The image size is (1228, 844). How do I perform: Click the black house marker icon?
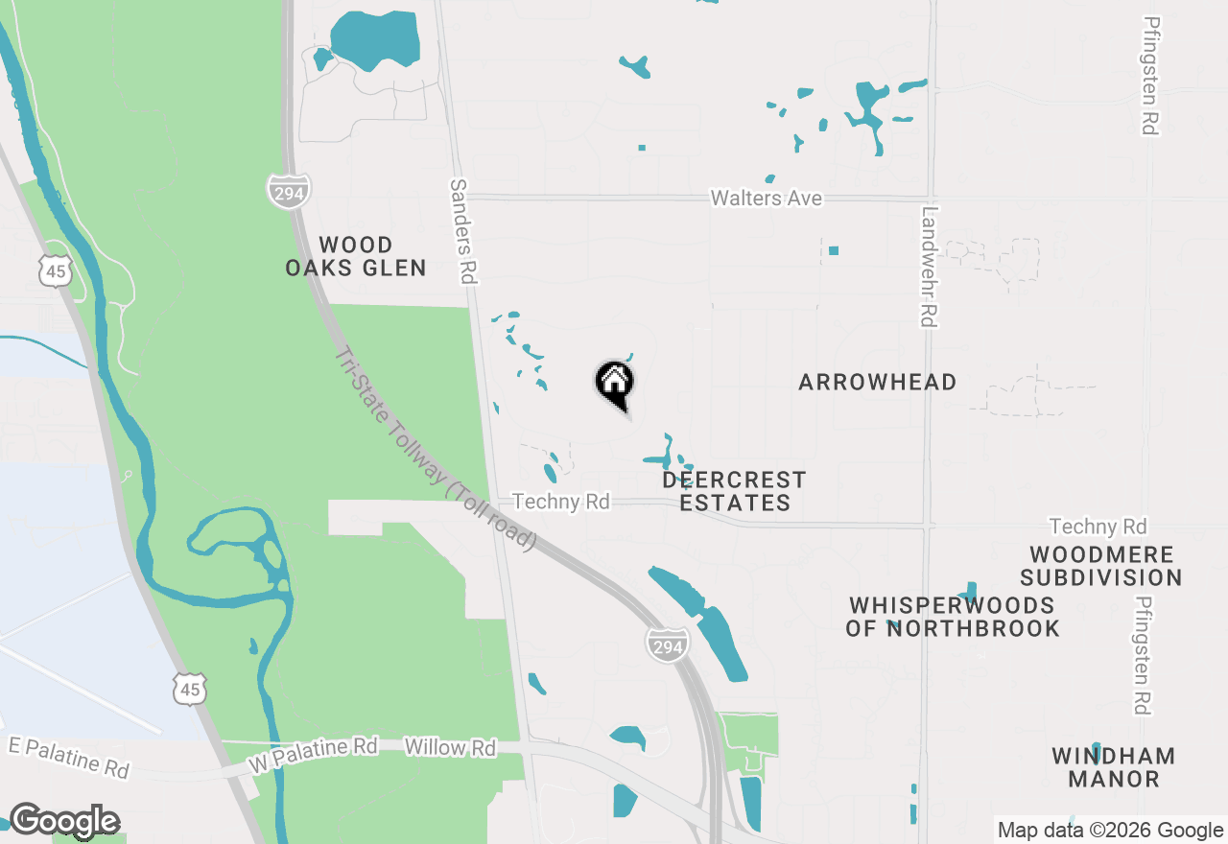[x=615, y=383]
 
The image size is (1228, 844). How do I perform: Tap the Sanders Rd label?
[x=462, y=231]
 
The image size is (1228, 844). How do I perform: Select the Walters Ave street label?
[x=766, y=199]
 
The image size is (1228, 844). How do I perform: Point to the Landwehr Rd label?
[x=928, y=268]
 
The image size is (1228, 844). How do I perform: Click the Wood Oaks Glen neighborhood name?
[x=356, y=256]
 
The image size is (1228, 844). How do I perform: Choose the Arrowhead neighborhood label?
[x=877, y=383]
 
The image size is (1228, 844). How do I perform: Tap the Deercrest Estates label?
[x=734, y=491]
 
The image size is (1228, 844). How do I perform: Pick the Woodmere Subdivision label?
[x=1100, y=566]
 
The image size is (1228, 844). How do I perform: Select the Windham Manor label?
[x=1113, y=766]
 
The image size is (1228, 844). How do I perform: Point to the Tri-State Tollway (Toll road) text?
[x=435, y=449]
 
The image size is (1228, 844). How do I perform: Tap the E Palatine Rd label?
[x=67, y=756]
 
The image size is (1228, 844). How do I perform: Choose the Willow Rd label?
[x=450, y=747]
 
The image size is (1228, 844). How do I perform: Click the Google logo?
[x=64, y=821]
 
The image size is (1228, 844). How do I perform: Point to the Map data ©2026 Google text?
[x=1110, y=831]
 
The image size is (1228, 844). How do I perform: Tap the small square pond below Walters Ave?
[x=834, y=250]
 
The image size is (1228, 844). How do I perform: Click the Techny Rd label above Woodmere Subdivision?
[x=1098, y=527]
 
